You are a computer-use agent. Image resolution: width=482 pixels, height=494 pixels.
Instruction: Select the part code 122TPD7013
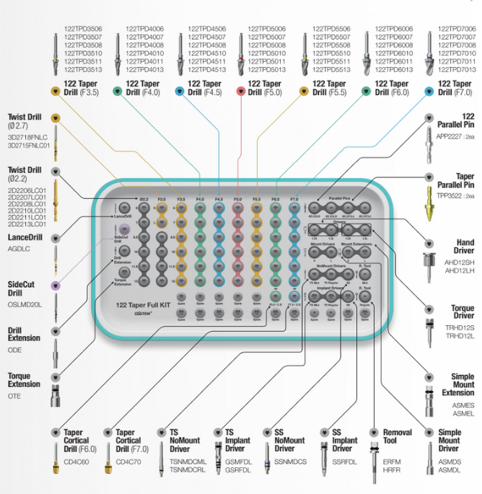[457, 70]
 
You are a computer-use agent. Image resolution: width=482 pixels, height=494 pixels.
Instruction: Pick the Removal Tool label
[398, 437]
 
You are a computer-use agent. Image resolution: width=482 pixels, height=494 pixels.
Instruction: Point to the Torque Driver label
[463, 312]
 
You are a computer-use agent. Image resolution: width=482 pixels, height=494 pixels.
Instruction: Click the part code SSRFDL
[345, 462]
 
